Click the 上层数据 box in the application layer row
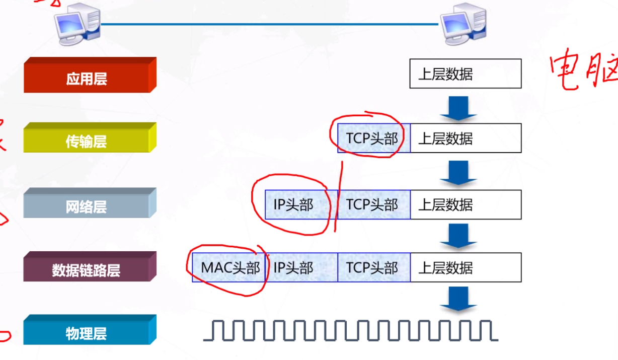465,74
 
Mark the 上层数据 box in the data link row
465,267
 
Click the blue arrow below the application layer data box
458,108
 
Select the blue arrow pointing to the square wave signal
458,299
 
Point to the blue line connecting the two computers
269,24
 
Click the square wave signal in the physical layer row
351,330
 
